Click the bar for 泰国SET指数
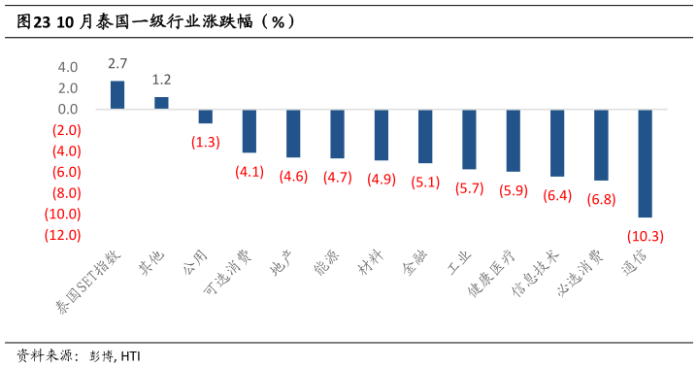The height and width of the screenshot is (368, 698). (117, 95)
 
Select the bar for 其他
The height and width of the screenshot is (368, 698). (161, 103)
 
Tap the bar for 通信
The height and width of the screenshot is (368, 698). (645, 163)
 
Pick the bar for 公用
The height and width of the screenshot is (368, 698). (206, 117)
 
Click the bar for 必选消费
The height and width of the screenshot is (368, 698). (601, 145)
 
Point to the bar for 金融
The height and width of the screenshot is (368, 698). (425, 136)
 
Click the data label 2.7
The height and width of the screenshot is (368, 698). (117, 64)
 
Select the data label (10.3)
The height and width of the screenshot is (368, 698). (645, 235)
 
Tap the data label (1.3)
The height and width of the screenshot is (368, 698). (206, 142)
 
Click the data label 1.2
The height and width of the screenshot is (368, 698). (161, 80)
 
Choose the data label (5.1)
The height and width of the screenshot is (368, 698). (425, 182)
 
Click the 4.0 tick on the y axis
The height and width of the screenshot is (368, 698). (68, 68)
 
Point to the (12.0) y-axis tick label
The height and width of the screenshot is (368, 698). (61, 235)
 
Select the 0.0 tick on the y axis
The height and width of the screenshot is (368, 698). (68, 110)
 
